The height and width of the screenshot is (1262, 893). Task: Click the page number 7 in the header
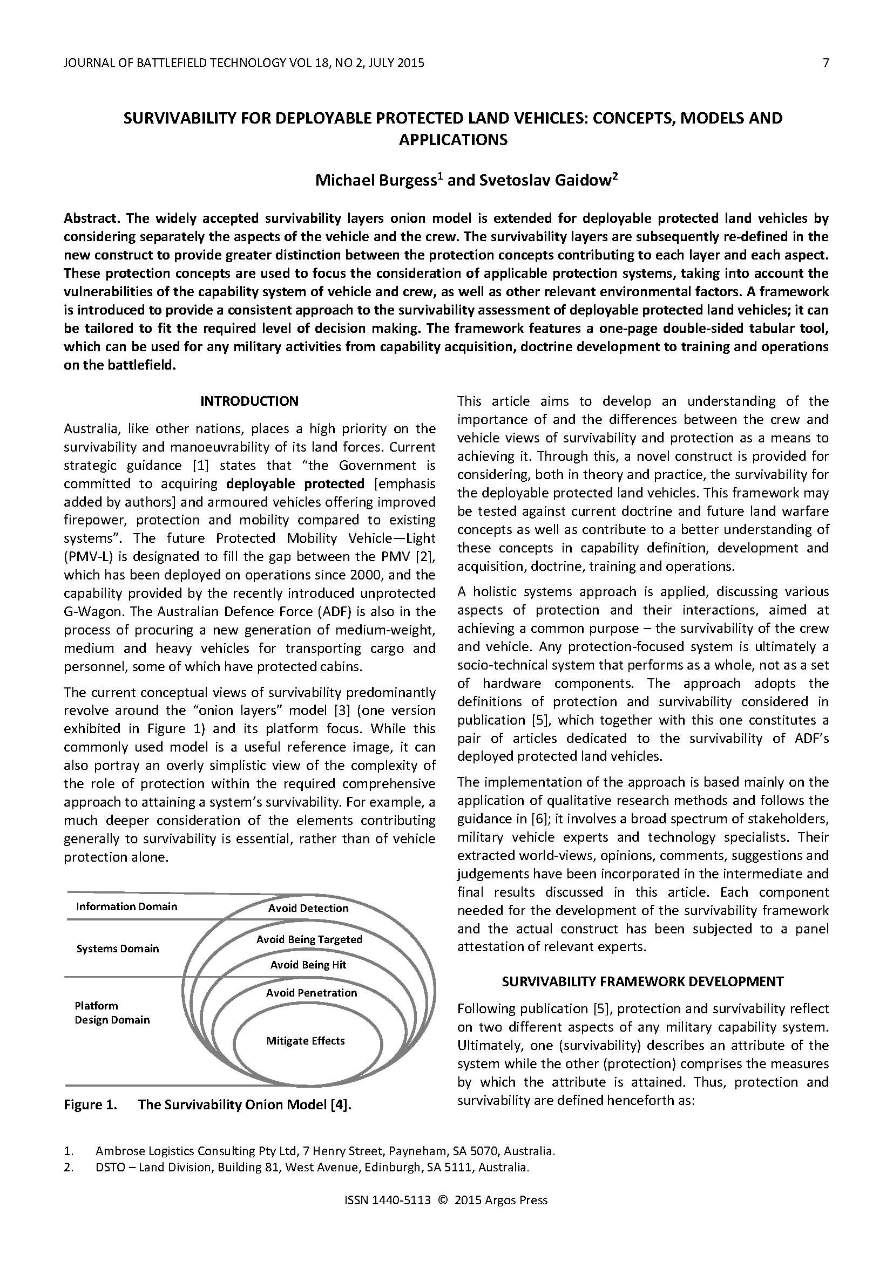coord(825,63)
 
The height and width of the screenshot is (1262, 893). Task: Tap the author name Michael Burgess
coord(376,180)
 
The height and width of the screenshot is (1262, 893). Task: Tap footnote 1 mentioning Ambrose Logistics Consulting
coord(324,1151)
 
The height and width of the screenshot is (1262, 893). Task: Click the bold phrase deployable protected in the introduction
coord(295,483)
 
